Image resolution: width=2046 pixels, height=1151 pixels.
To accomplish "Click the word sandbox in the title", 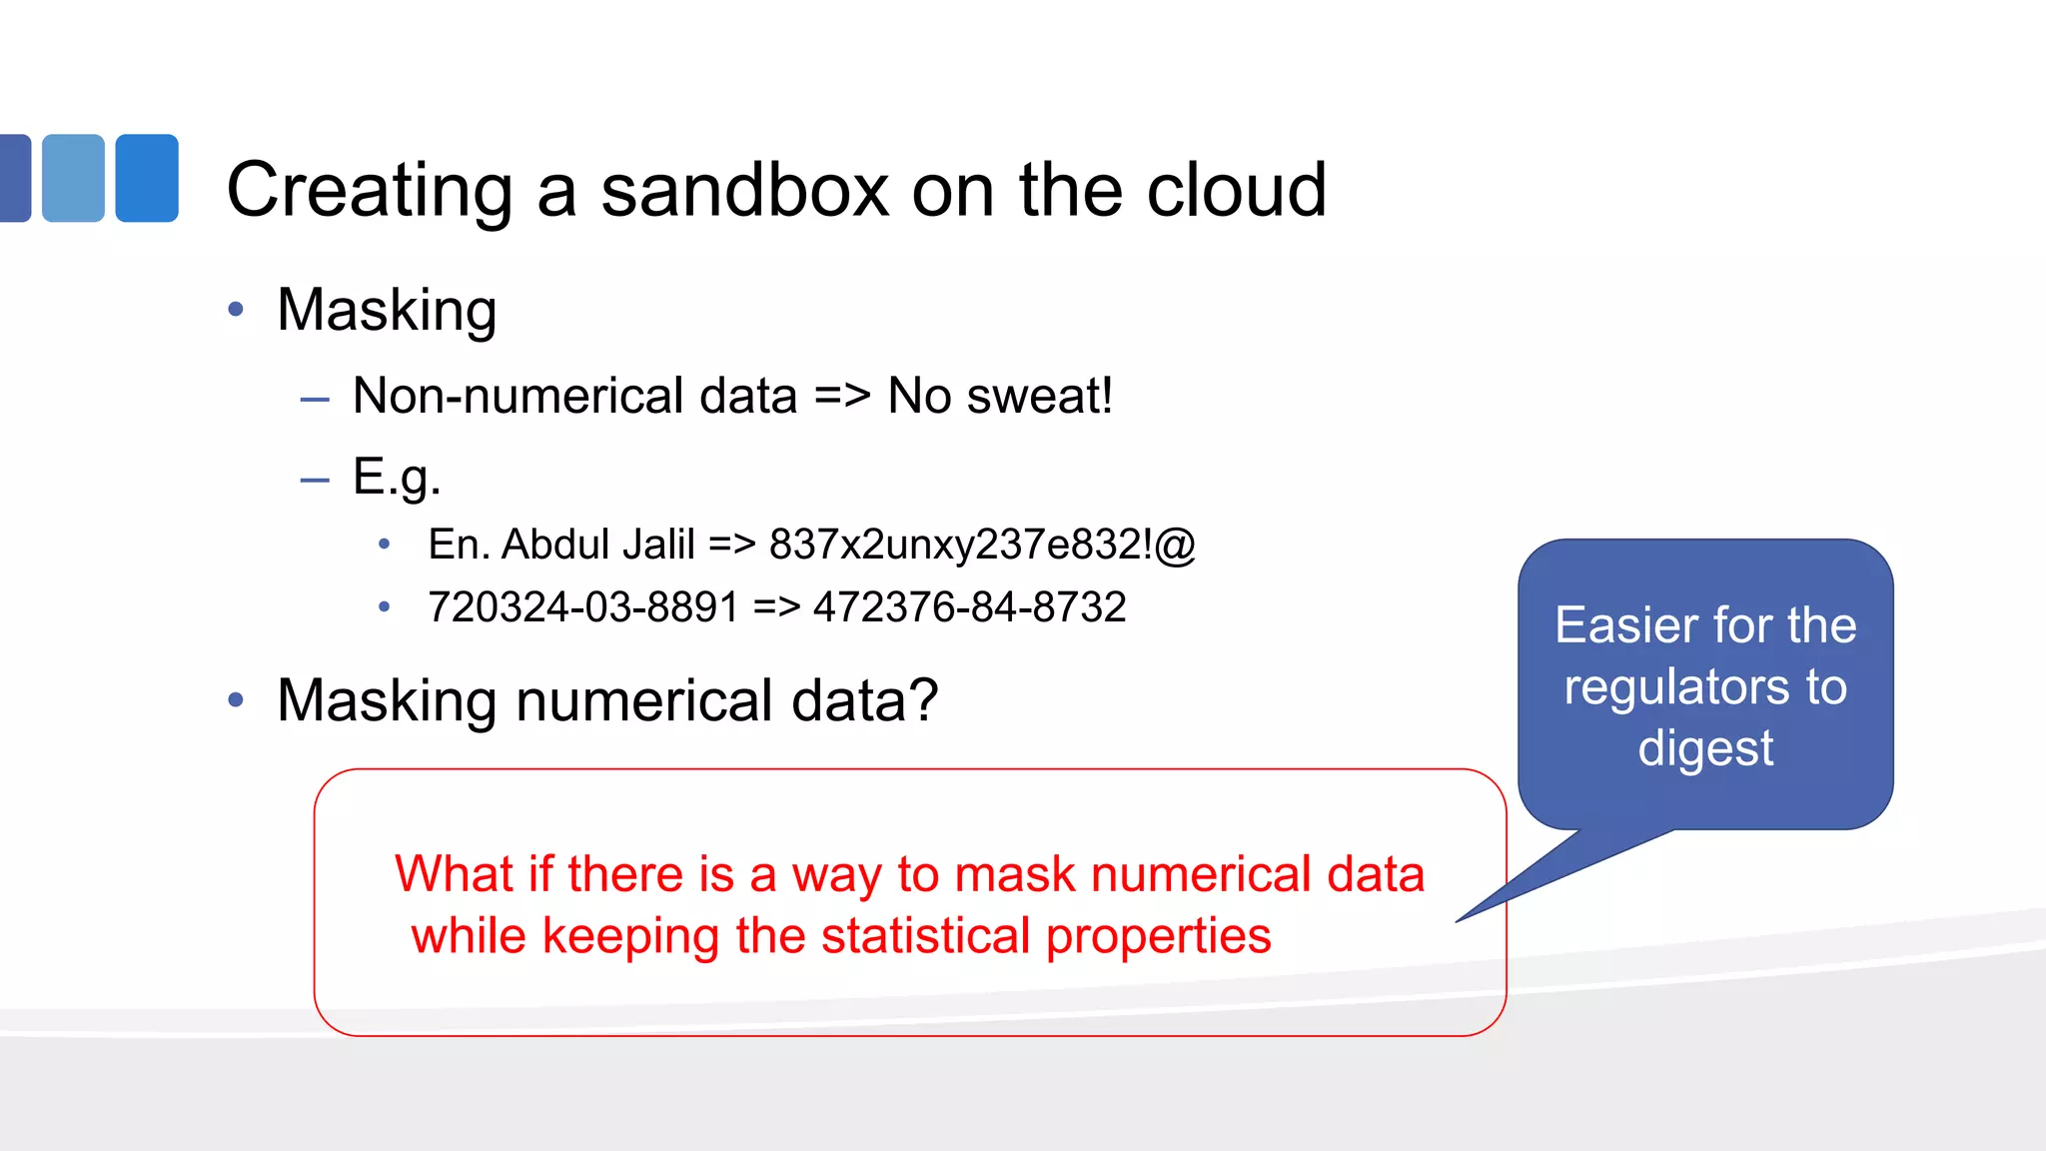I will pyautogui.click(x=744, y=190).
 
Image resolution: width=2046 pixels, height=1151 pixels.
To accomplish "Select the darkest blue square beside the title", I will pyautogui.click(x=14, y=178).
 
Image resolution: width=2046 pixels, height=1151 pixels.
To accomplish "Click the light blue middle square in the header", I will pyautogui.click(x=73, y=178).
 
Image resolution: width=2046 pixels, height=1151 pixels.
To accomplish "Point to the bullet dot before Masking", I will pyautogui.click(x=236, y=310).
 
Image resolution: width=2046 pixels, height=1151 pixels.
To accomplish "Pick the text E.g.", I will pyautogui.click(x=397, y=477).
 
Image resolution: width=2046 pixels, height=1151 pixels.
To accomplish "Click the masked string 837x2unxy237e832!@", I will pyautogui.click(x=982, y=545).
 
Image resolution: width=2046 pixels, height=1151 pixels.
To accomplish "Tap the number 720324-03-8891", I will pyautogui.click(x=583, y=607).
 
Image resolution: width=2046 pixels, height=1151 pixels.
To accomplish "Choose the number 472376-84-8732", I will pyautogui.click(x=969, y=607).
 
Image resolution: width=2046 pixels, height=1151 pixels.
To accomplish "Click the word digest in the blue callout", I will pyautogui.click(x=1705, y=748).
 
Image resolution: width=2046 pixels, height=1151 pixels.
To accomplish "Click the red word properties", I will pyautogui.click(x=1159, y=936).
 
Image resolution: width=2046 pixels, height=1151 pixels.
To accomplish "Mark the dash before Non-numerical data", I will pyautogui.click(x=315, y=400).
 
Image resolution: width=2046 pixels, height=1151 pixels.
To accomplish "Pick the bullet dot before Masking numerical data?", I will pyautogui.click(x=236, y=700).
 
